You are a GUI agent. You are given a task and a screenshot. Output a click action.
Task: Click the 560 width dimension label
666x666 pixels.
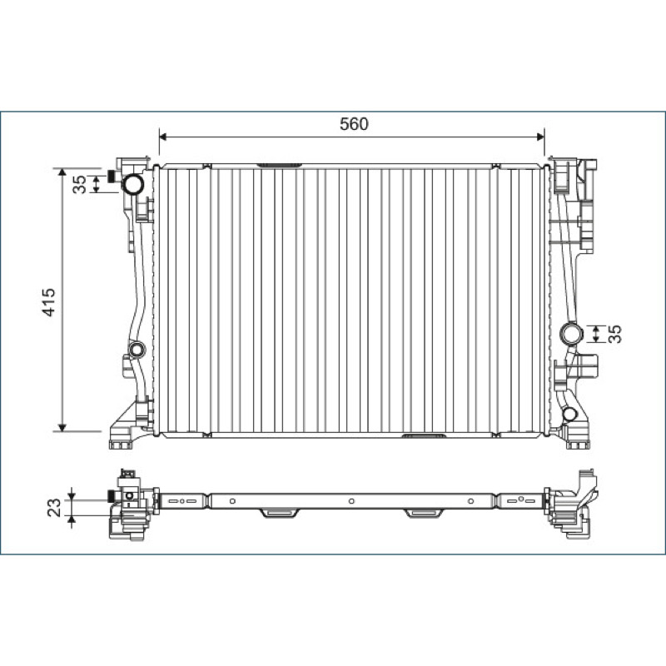click(x=354, y=123)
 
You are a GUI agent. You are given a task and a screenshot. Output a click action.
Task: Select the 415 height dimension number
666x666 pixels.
click(x=49, y=302)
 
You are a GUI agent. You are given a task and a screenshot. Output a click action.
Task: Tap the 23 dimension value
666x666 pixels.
click(x=54, y=508)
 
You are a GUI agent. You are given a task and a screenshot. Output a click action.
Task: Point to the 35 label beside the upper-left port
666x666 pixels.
click(x=79, y=184)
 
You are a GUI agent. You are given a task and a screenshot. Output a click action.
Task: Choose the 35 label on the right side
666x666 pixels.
click(x=614, y=334)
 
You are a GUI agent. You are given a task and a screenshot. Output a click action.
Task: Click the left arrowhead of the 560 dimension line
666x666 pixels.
click(x=162, y=137)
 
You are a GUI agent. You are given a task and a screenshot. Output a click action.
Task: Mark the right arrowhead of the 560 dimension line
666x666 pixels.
click(x=540, y=137)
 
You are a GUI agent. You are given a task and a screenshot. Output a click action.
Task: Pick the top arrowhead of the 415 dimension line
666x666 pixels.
click(x=62, y=172)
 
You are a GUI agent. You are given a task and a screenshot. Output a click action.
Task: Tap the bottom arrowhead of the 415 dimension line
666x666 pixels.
click(x=62, y=427)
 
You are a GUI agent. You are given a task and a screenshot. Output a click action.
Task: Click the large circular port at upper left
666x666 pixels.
click(x=133, y=184)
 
